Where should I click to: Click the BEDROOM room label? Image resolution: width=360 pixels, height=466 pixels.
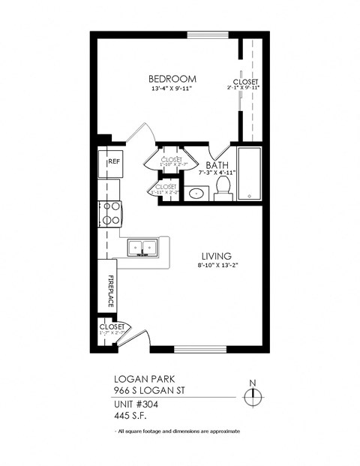pos(172,79)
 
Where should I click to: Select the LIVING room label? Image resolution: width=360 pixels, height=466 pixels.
pos(216,255)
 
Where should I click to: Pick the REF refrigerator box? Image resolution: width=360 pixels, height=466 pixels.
pos(111,163)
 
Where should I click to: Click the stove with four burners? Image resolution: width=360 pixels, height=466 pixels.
pos(111,213)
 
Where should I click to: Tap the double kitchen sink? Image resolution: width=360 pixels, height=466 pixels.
pos(141,246)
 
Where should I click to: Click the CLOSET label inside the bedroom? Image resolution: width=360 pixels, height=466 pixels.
pos(245,83)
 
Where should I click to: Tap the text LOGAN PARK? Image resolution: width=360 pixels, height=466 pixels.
pos(138,380)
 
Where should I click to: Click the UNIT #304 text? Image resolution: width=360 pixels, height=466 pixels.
pos(136,405)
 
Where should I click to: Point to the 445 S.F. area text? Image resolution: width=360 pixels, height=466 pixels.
pos(130,416)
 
